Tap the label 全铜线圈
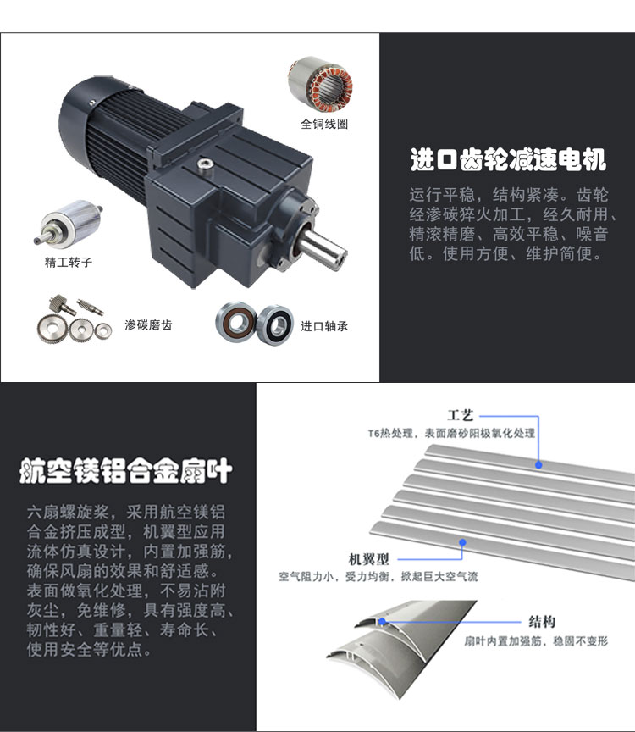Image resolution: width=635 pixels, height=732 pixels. coord(324,124)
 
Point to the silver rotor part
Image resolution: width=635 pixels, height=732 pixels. coord(69,223)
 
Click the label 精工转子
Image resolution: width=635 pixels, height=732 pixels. coord(69,262)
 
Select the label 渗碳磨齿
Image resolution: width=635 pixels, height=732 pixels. coord(148,325)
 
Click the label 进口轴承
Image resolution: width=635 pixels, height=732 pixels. coord(324,326)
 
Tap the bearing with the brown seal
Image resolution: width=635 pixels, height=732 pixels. coord(235,321)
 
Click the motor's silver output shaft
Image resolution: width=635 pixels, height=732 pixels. coord(323,247)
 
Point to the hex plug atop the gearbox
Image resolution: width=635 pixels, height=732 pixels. coord(204,164)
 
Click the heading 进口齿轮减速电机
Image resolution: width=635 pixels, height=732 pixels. coord(508,159)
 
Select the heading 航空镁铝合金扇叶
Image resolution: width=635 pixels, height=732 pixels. coord(126,470)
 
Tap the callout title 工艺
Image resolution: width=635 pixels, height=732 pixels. coord(461,415)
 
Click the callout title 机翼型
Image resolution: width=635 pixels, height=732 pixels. coord(368,559)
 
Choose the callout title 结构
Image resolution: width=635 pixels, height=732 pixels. coord(542,621)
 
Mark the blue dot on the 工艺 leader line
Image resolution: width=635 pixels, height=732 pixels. coord(538,465)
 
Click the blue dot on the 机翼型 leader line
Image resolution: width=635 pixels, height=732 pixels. coord(462,542)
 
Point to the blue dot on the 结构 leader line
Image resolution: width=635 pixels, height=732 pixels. coord(382,621)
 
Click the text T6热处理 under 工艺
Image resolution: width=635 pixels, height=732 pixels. coord(390,433)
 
